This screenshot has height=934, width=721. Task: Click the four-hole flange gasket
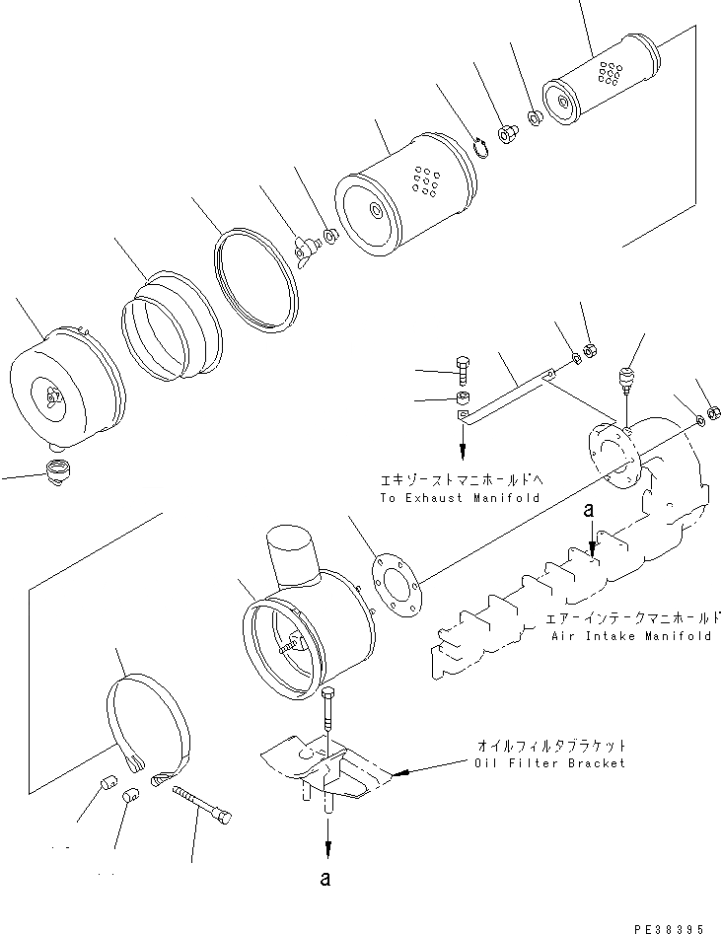396,591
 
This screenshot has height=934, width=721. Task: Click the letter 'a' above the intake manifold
589,512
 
